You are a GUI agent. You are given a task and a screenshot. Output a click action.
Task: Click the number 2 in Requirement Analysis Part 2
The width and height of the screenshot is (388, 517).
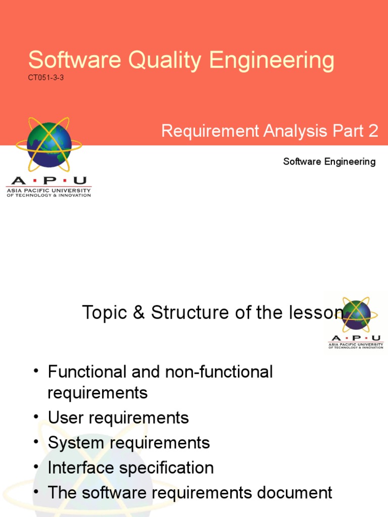point(373,131)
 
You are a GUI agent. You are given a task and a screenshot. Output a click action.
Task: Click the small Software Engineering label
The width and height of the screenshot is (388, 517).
point(329,162)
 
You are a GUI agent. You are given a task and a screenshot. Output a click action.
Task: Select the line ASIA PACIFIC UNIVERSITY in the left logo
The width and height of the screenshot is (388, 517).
point(48,190)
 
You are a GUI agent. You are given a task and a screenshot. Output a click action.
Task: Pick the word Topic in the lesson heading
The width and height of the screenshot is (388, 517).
point(105,313)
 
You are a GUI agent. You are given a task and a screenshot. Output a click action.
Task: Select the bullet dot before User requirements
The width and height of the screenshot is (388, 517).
point(36,417)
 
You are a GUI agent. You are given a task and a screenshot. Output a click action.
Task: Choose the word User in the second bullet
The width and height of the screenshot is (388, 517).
point(65,418)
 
